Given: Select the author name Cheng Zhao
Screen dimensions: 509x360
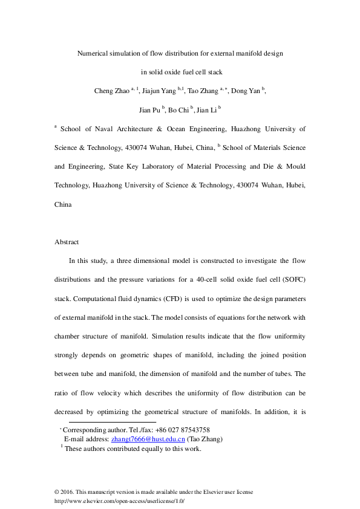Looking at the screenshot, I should pyautogui.click(x=111, y=91).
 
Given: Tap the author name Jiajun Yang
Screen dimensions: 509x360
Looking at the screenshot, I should pyautogui.click(x=159, y=91).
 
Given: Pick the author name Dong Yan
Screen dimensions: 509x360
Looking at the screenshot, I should pyautogui.click(x=246, y=91).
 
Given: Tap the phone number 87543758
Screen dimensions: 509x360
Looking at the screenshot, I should pyautogui.click(x=192, y=429).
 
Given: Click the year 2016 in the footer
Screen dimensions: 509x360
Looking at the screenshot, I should pyautogui.click(x=67, y=493).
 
